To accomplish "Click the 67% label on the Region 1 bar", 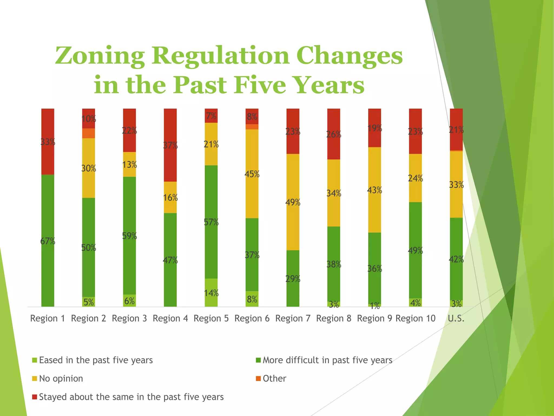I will point(48,241).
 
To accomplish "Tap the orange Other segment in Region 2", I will point(88,133).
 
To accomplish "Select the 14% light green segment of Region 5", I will point(211,292).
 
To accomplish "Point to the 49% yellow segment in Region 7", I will point(293,202).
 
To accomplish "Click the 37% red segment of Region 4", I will point(170,145).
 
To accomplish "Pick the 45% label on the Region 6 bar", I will point(252,174).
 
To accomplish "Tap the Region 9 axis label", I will point(374,318).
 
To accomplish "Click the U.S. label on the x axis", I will point(456,318).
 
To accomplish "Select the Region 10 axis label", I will point(415,318).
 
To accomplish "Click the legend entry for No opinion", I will point(61,378).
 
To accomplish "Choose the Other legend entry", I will point(274,378).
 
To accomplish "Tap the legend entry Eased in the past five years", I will point(96,360).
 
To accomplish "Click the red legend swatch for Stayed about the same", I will point(34,397).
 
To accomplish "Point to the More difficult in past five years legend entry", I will point(327,360).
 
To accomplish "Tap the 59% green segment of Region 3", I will point(129,236).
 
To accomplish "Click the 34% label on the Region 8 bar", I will point(334,193).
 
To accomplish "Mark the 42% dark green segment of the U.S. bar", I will point(456,259).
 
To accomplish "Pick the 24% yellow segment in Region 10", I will point(415,178).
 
